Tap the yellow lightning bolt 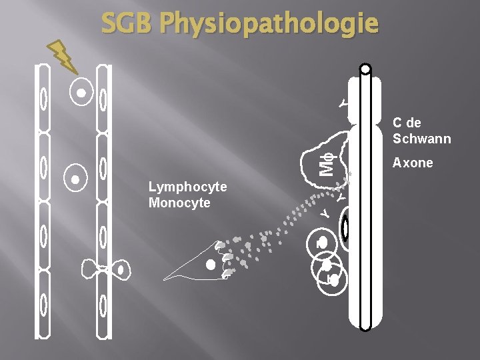[x=64, y=56]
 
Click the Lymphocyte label [x=187, y=187]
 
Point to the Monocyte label [x=179, y=203]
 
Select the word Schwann [x=421, y=139]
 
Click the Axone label [x=413, y=163]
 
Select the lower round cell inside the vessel [x=75, y=179]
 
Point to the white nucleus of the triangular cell [x=211, y=265]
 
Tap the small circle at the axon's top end [x=365, y=69]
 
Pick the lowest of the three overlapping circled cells [x=334, y=281]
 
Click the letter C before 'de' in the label [x=397, y=123]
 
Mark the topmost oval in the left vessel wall [x=43, y=99]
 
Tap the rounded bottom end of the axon [x=365, y=327]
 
